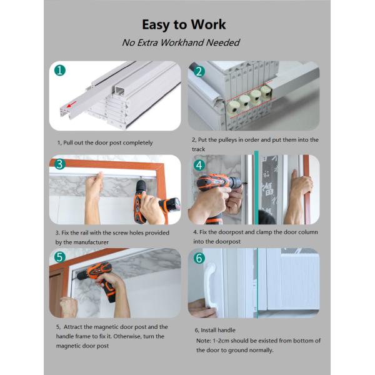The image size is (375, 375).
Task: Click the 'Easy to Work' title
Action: [184, 25]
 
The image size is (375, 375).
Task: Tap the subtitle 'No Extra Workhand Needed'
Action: [181, 42]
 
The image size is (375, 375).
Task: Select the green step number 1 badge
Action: [60, 71]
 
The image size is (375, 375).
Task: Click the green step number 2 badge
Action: [199, 71]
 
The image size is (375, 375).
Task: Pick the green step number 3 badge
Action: [60, 164]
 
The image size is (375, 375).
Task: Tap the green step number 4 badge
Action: [199, 165]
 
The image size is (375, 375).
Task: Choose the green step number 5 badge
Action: [60, 257]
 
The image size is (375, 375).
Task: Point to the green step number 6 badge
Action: [199, 258]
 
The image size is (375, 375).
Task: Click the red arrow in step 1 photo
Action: [71, 104]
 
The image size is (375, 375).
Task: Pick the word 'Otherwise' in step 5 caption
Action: [127, 336]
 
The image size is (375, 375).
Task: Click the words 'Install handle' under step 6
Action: [218, 330]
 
